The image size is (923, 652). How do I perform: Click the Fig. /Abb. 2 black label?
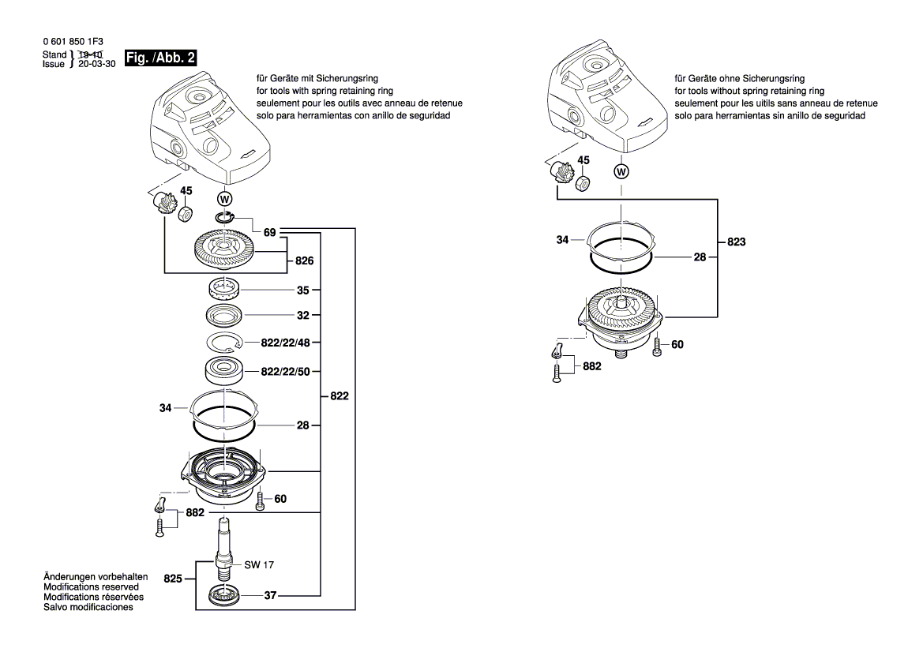click(x=161, y=58)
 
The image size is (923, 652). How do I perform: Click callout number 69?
click(x=270, y=233)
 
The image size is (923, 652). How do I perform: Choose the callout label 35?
click(x=303, y=290)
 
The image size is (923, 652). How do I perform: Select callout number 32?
click(x=303, y=314)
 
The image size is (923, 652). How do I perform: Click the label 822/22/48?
click(x=286, y=344)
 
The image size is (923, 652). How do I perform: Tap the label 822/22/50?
click(x=286, y=371)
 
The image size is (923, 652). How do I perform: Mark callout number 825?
click(x=173, y=579)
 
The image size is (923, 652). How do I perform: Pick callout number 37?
click(x=270, y=596)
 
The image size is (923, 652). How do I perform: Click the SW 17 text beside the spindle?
click(x=260, y=565)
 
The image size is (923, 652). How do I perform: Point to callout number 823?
click(x=737, y=242)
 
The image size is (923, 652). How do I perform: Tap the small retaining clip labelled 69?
click(x=225, y=218)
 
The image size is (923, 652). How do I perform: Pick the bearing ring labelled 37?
click(x=225, y=597)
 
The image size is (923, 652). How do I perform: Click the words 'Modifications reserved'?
click(x=91, y=588)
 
